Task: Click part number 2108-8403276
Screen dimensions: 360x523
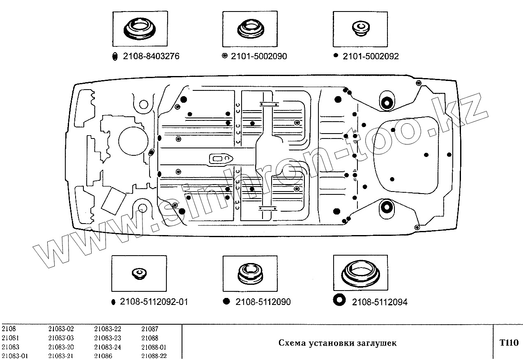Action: (151, 57)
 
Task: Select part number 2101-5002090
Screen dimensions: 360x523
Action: (259, 57)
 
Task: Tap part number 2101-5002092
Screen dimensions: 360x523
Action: (371, 57)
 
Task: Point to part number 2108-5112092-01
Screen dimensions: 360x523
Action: (154, 302)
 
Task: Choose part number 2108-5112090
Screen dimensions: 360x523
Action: (263, 302)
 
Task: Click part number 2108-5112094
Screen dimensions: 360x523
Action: (380, 302)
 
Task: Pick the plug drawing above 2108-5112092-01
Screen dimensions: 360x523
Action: (139, 273)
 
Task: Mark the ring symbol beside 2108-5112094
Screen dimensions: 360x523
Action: (339, 300)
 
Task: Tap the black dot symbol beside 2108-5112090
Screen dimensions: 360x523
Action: (226, 301)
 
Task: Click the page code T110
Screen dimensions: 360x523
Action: (509, 343)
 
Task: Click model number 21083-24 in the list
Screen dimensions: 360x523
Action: (108, 347)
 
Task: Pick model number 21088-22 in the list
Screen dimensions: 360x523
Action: (154, 356)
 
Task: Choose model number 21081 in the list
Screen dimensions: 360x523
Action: (10, 338)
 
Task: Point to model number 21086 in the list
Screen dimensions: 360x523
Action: (103, 356)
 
